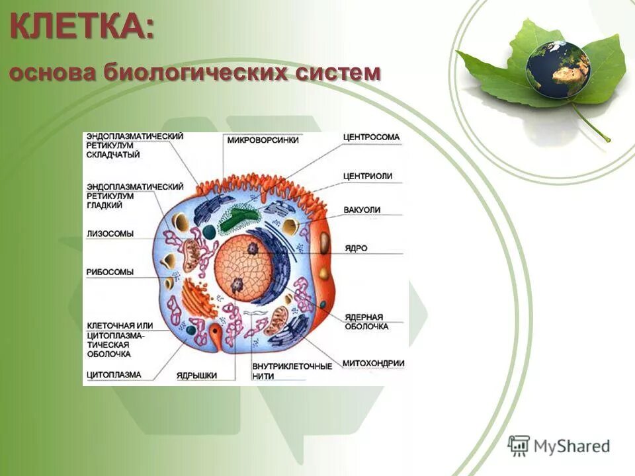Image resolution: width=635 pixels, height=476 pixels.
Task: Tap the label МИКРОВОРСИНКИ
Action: pos(263,140)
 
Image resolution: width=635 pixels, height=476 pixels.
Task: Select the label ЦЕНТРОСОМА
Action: pos(372,138)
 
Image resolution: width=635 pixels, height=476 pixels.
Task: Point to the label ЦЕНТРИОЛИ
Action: pos(368,176)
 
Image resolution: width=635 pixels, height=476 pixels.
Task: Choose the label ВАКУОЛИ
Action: pos(362,210)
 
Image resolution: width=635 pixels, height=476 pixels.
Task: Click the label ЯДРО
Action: pos(356,249)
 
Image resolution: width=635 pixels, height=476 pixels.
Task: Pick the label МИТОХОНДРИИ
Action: pos(373,363)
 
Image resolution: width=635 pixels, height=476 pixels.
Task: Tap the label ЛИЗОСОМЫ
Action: pos(110,233)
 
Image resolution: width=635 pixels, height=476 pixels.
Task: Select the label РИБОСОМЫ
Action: pos(110,272)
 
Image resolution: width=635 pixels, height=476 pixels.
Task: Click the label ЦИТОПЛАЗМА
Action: pos(114,375)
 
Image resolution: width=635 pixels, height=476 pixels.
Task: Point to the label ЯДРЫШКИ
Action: pos(196,375)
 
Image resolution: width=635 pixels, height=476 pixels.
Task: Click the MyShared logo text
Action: pos(572,446)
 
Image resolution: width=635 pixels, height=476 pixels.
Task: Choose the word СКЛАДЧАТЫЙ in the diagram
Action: pos(113,155)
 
